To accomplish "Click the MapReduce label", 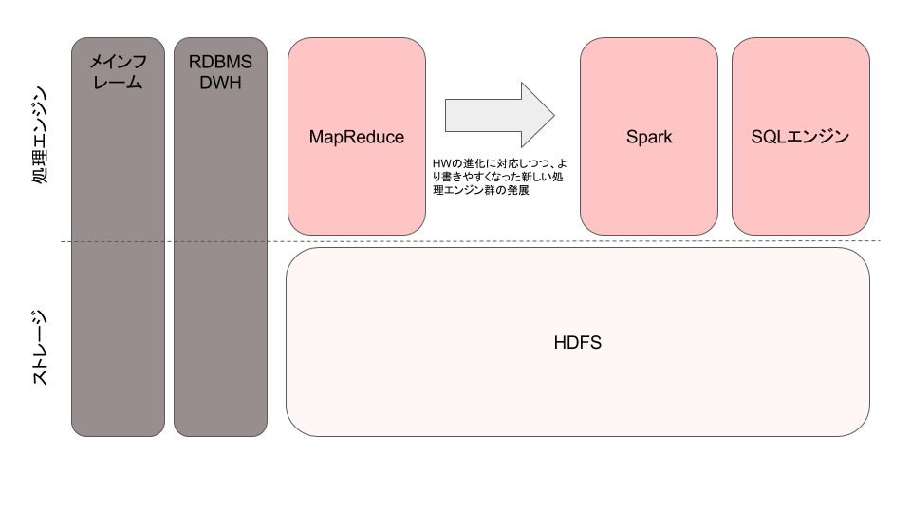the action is coord(357,137).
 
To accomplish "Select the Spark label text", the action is coord(649,137).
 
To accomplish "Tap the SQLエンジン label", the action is coord(800,137).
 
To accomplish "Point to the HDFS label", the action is coord(578,343).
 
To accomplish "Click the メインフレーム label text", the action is coord(118,72).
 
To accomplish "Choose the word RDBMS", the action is coord(221,62).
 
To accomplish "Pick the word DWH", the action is coord(221,83).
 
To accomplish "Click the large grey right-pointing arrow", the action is coord(500,115).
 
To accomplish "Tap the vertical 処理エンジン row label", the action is coord(39,135).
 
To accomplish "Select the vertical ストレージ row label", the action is coord(39,348).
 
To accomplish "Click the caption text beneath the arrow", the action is coord(499,177).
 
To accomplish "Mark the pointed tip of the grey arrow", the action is coord(554,115).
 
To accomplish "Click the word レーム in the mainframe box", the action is coord(118,83).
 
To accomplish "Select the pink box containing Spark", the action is coord(649,137).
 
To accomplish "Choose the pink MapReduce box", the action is coord(357,137).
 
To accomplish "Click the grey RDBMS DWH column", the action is coord(221,237).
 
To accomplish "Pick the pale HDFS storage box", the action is coord(578,342).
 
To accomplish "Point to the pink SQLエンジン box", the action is coord(801,137).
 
